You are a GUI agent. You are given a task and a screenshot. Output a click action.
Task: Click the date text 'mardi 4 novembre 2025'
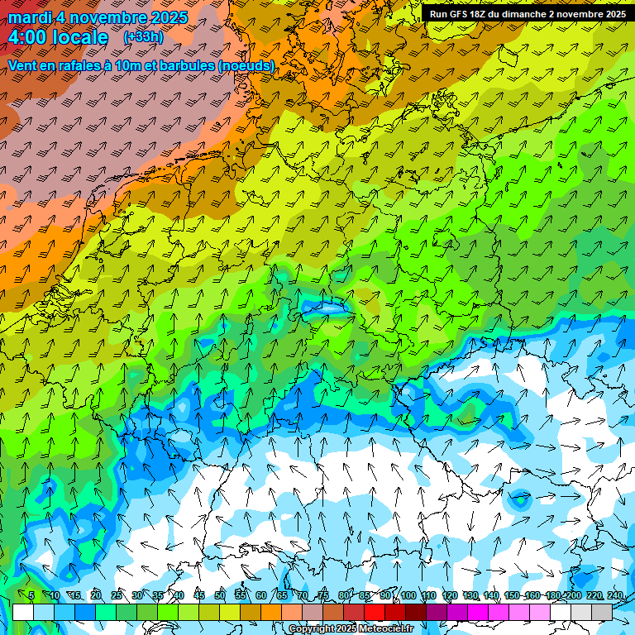98,17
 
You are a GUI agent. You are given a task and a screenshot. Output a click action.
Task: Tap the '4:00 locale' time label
58,37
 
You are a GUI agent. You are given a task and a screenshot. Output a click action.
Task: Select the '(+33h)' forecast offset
144,36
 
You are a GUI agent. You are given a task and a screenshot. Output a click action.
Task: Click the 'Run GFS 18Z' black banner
528,13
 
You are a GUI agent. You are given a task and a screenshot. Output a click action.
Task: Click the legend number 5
31,595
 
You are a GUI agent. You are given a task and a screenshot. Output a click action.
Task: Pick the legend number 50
220,595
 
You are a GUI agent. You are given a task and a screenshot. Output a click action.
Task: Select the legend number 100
408,595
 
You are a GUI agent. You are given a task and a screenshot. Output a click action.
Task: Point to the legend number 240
615,595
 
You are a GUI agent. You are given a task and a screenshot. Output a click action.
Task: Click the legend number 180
552,595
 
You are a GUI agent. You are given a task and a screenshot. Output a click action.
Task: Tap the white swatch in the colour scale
23,612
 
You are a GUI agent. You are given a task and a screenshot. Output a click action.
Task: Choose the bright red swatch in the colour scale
375,612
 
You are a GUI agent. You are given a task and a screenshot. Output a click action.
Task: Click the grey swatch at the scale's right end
602,612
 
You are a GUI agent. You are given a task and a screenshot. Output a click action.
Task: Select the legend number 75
324,595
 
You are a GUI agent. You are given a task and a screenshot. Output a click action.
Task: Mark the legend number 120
450,595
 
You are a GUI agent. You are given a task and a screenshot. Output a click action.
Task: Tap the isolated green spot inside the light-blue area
520,499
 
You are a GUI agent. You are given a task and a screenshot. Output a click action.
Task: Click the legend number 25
117,595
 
